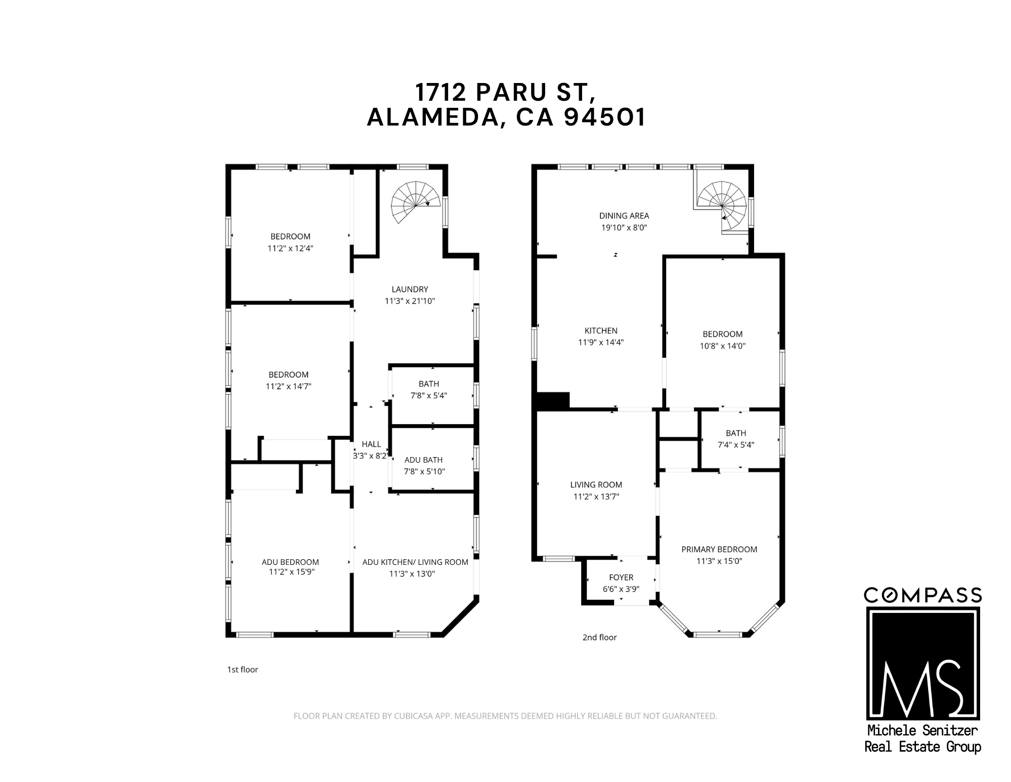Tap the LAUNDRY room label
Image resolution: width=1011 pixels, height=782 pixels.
click(x=410, y=290)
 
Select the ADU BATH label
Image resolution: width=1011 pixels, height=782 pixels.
click(x=423, y=460)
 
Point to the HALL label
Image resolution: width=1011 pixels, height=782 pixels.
click(x=371, y=444)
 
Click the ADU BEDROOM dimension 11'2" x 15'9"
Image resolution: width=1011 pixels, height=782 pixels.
click(x=290, y=572)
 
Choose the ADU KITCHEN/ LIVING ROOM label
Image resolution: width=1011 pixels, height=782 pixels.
click(x=415, y=562)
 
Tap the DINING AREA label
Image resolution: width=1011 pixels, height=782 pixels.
click(x=624, y=216)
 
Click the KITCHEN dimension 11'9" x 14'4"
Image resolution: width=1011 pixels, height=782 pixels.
click(x=601, y=343)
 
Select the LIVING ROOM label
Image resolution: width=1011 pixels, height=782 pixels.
click(x=596, y=485)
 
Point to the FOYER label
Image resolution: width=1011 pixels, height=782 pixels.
click(x=621, y=578)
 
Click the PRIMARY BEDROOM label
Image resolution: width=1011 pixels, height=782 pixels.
click(x=719, y=550)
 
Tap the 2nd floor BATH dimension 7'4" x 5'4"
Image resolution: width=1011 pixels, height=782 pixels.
click(x=736, y=445)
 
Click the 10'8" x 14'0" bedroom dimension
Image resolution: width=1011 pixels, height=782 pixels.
click(x=723, y=346)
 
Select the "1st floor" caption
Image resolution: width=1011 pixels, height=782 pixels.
click(x=243, y=670)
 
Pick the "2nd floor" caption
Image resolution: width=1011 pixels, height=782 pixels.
click(x=599, y=638)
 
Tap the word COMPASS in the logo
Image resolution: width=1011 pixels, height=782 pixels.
click(x=922, y=596)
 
